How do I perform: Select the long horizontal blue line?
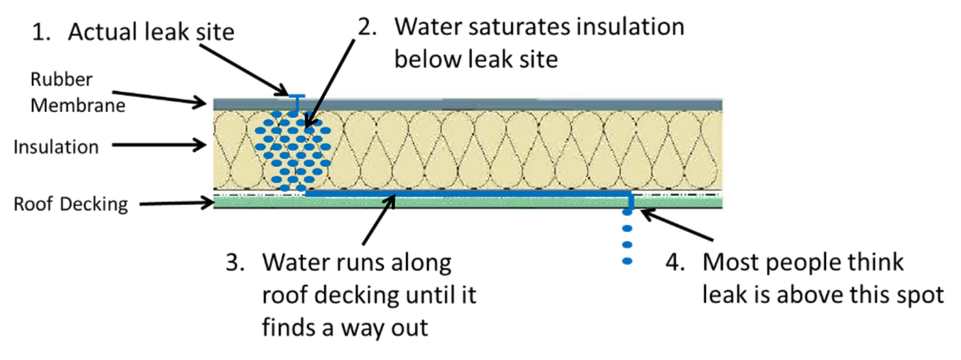tap(468, 192)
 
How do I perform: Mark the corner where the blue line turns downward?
tap(627, 193)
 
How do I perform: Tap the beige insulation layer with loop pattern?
tap(494, 146)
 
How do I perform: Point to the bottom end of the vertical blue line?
tap(627, 263)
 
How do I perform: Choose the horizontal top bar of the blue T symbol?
tap(297, 94)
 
